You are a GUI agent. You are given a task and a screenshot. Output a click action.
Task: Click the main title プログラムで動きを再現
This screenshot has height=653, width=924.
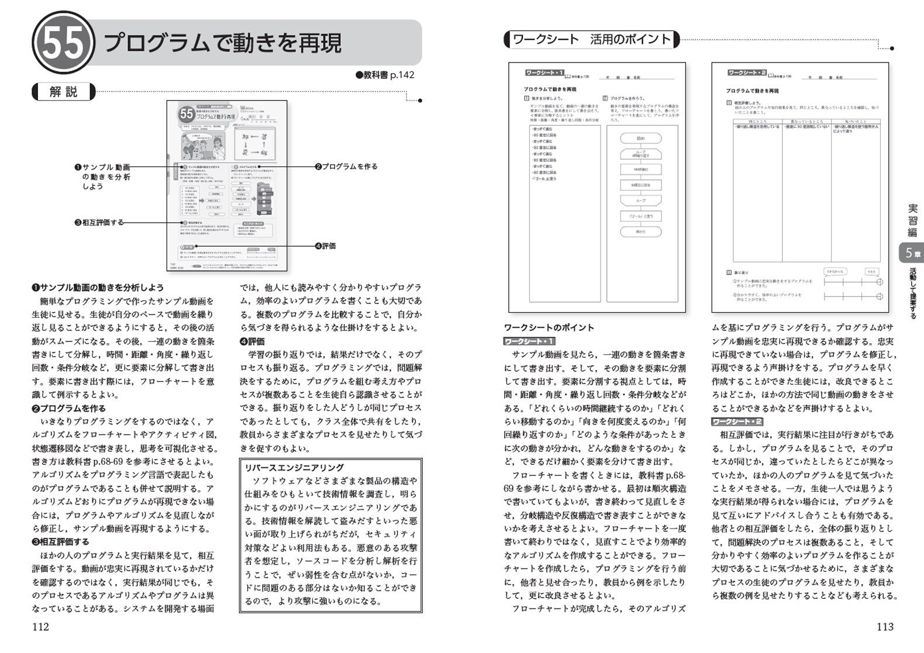(222, 43)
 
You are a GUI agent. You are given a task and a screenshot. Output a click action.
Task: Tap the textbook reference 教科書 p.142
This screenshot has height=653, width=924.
(385, 75)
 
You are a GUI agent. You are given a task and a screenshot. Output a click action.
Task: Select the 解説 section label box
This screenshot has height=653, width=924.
(63, 92)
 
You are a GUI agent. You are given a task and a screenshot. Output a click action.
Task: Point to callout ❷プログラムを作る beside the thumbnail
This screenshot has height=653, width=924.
(346, 167)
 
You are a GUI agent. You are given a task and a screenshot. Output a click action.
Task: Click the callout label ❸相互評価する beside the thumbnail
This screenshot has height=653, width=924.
(99, 223)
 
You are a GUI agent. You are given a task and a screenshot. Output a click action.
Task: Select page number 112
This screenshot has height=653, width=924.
(40, 627)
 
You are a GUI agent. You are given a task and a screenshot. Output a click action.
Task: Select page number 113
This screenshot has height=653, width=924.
(885, 627)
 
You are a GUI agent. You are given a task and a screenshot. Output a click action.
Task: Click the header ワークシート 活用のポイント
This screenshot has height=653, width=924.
(591, 40)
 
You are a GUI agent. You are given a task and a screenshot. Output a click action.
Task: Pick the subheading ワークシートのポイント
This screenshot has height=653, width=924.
(549, 328)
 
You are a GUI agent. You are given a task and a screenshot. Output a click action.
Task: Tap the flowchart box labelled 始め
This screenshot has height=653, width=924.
(640, 139)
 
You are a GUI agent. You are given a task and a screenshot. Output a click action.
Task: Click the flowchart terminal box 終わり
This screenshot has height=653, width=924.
(640, 232)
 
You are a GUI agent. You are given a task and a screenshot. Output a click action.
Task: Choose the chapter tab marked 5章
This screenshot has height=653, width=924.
(912, 253)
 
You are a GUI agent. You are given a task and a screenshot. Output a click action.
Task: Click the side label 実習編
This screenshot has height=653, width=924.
(912, 220)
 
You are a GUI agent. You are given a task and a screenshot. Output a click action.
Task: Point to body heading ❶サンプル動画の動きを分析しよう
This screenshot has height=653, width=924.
(98, 288)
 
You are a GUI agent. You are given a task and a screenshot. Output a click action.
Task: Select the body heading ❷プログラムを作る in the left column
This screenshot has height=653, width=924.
(68, 409)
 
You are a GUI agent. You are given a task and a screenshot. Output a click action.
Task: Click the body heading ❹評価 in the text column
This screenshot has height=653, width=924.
(252, 341)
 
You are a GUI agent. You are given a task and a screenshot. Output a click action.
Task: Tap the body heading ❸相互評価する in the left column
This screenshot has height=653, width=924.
(61, 542)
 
